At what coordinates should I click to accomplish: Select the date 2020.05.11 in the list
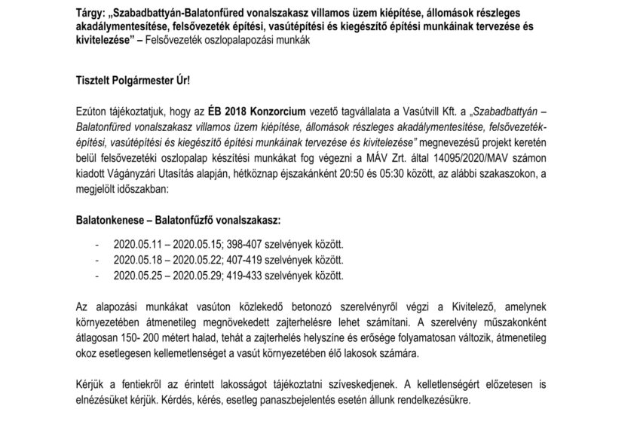point(130,245)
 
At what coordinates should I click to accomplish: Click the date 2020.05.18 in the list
point(130,260)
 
